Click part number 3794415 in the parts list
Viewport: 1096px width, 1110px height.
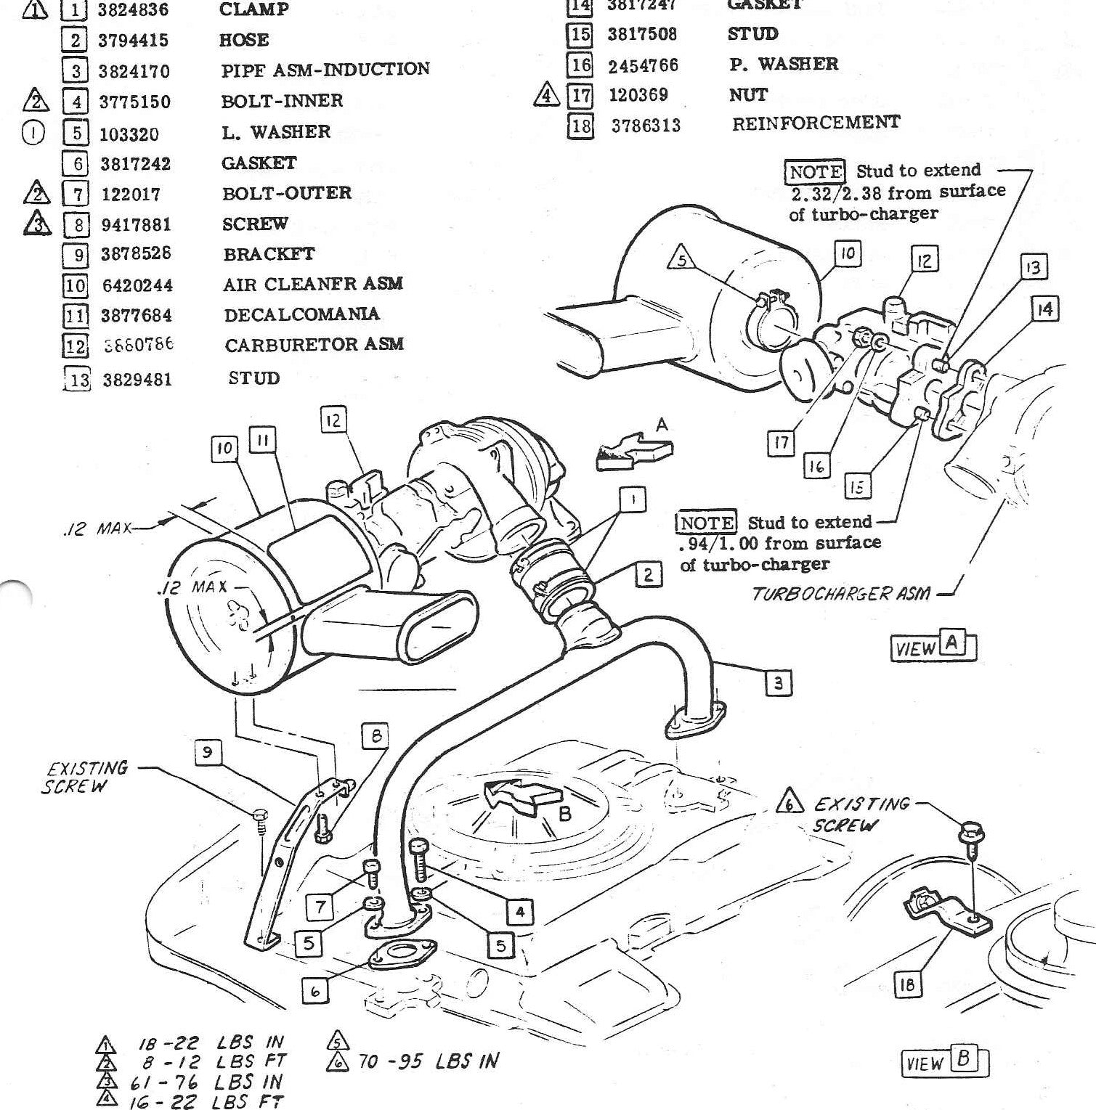tap(135, 40)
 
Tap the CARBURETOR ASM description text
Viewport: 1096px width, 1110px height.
tap(313, 345)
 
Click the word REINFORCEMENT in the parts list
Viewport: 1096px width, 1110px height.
tap(816, 123)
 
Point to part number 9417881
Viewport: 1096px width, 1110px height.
tap(137, 224)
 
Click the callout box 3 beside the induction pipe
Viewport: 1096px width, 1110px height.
tap(778, 682)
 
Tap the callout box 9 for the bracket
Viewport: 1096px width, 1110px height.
tap(208, 753)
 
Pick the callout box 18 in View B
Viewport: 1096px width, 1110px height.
tap(906, 984)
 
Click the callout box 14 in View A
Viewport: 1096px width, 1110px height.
tap(1044, 310)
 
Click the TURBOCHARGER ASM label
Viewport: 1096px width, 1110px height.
tap(840, 594)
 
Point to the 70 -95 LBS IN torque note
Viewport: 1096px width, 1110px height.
tap(429, 1061)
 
